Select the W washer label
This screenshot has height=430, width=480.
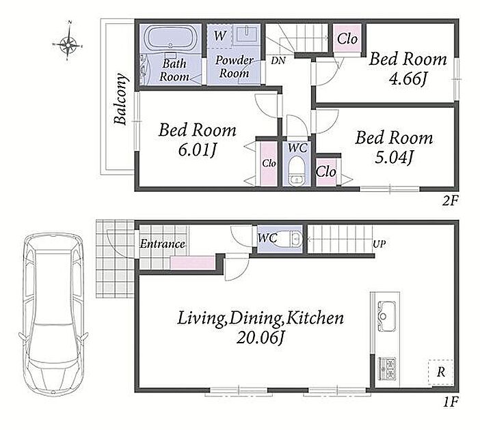[219, 35]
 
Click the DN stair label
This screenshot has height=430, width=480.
[278, 61]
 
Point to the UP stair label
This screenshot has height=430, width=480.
[379, 244]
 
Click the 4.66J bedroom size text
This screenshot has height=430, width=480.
[408, 79]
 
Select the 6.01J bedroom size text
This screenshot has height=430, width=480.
[198, 149]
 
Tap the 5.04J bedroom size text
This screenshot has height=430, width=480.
[395, 158]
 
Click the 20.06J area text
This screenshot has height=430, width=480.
[261, 337]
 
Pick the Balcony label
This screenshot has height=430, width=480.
[120, 99]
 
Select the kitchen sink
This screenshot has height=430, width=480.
[386, 316]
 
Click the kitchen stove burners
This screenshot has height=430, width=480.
[388, 369]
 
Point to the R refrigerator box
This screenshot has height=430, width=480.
[441, 372]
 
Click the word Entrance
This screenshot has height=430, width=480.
[162, 244]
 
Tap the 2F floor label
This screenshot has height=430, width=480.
[451, 201]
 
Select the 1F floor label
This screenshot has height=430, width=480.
[451, 401]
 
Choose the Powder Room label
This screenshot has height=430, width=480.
[234, 67]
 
